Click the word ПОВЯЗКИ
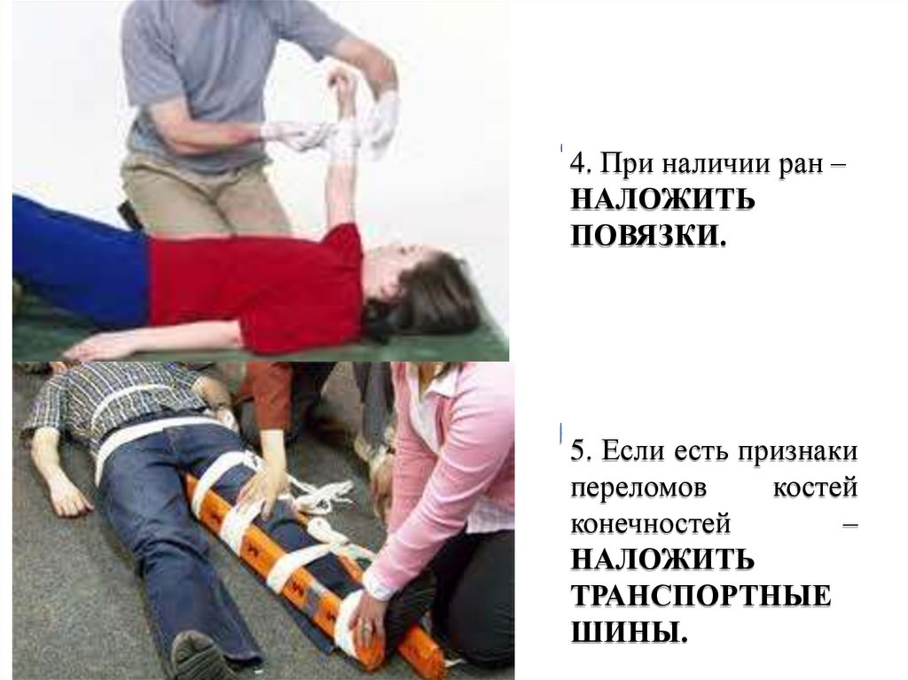pyautogui.click(x=648, y=236)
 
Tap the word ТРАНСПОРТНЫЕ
pyautogui.click(x=701, y=597)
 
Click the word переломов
pyautogui.click(x=638, y=489)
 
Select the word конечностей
pyautogui.click(x=651, y=524)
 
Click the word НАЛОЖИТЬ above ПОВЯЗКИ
pyautogui.click(x=663, y=199)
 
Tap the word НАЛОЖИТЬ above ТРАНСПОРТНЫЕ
pyautogui.click(x=663, y=560)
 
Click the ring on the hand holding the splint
pyautogui.click(x=364, y=625)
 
